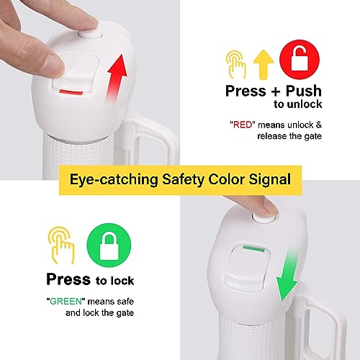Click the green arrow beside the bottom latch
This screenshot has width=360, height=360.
pyautogui.click(x=288, y=276)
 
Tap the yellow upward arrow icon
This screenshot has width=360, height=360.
pyautogui.click(x=264, y=64)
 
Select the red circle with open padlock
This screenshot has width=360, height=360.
pyautogui.click(x=300, y=60)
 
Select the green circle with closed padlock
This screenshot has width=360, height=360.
pyautogui.click(x=109, y=246)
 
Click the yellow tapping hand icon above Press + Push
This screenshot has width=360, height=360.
pyautogui.click(x=236, y=64)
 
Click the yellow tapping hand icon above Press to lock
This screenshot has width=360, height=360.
pyautogui.click(x=61, y=246)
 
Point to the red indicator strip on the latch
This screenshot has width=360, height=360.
pyautogui.click(x=71, y=92)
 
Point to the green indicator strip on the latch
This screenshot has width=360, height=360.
pyautogui.click(x=253, y=248)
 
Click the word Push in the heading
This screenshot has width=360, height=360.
pyautogui.click(x=304, y=91)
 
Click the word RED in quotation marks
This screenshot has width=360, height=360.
pyautogui.click(x=243, y=125)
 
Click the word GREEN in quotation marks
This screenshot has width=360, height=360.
pyautogui.click(x=66, y=301)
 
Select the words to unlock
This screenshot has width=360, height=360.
pyautogui.click(x=298, y=104)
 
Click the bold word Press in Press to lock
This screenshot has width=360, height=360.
pyautogui.click(x=68, y=279)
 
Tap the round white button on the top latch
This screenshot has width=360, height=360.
pyautogui.click(x=89, y=35)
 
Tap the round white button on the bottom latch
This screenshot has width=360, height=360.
pyautogui.click(x=264, y=218)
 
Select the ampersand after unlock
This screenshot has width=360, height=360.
pyautogui.click(x=319, y=125)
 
